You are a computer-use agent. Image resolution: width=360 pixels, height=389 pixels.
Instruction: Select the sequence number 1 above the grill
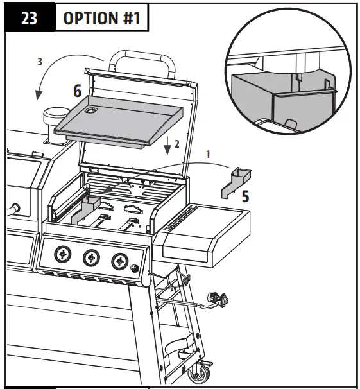pos(207,155)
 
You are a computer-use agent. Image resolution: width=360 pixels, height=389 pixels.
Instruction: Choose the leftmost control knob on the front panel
pos(61,255)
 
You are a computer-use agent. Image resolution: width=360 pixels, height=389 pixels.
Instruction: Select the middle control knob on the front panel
pos(90,258)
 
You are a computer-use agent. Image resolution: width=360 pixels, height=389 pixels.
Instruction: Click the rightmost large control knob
pos(119,261)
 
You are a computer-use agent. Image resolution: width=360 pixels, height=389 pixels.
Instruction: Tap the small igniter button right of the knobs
pos(135,268)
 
